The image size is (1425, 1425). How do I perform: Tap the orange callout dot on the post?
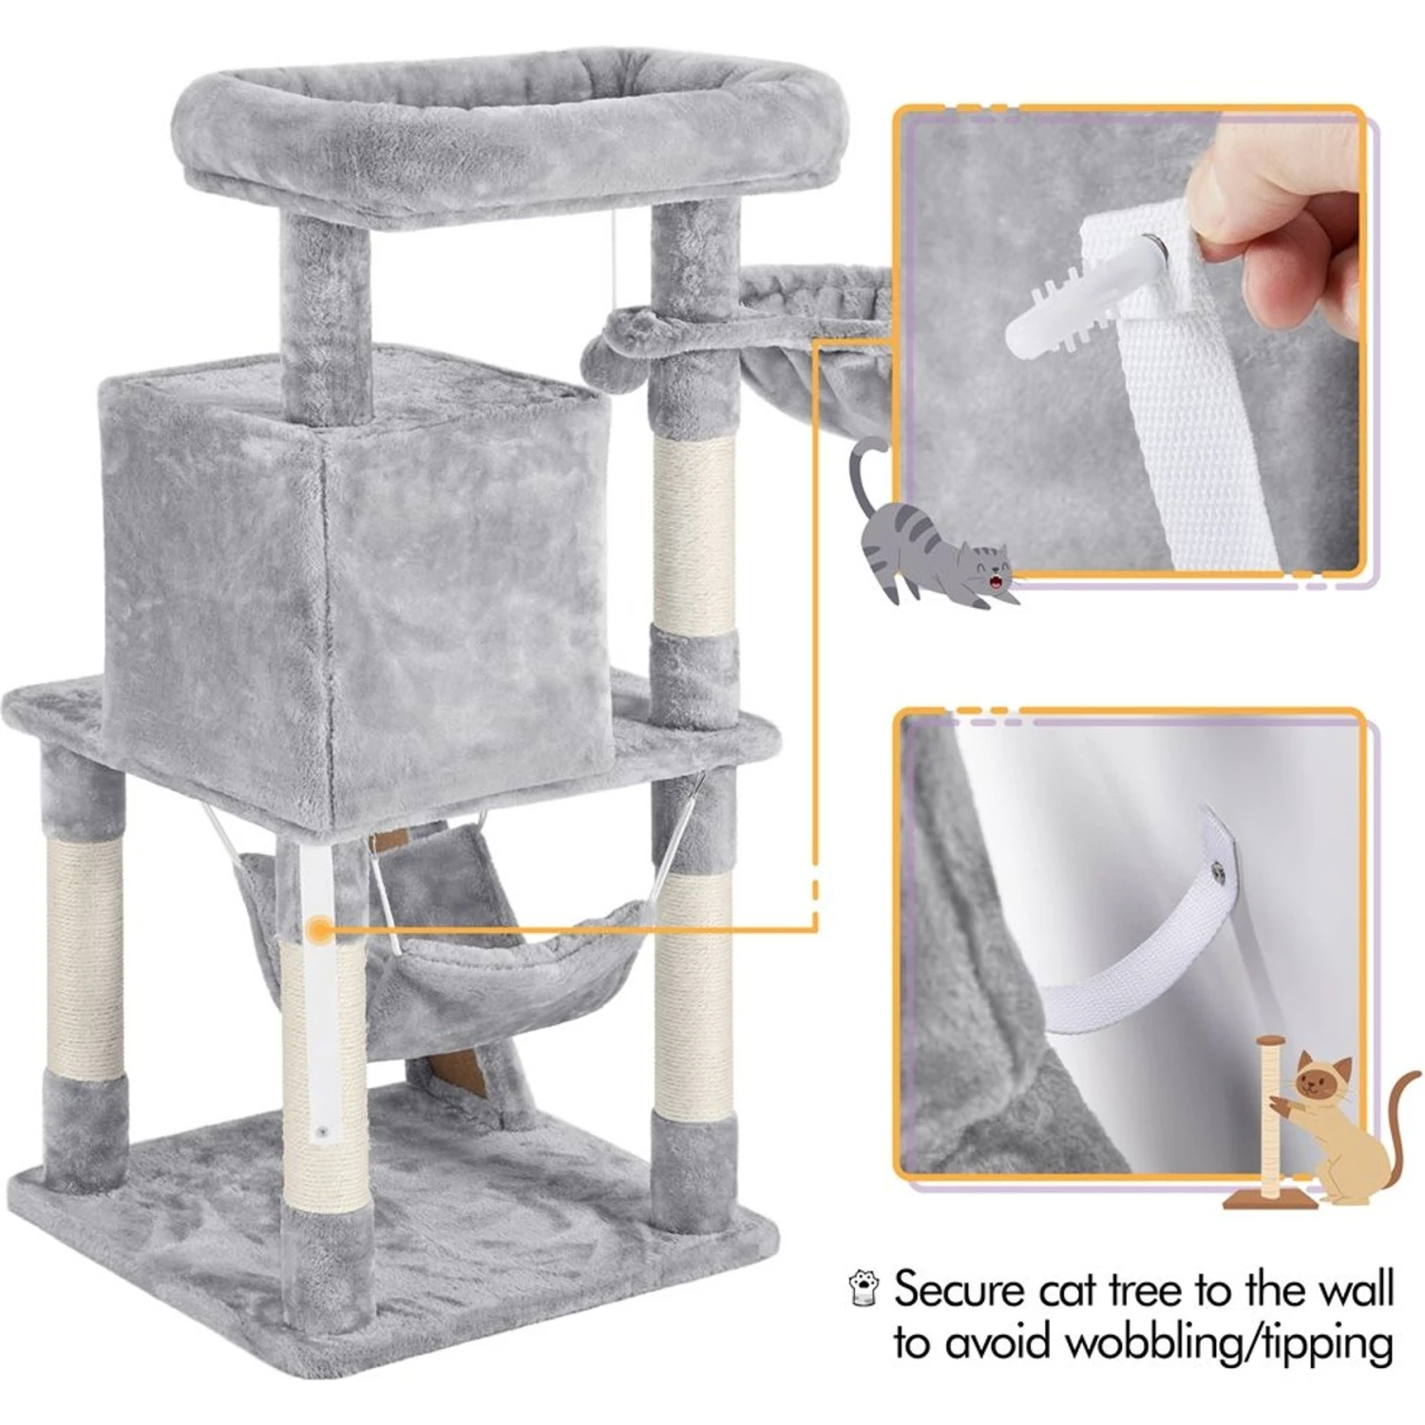320,928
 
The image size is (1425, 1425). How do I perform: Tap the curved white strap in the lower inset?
1130,959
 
